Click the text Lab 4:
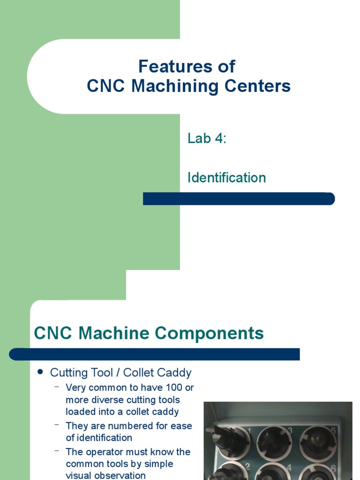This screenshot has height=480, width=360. click(x=207, y=139)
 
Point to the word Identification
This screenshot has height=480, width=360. click(x=226, y=178)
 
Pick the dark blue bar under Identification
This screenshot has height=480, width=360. click(x=239, y=199)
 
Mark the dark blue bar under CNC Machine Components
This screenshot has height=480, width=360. click(x=155, y=354)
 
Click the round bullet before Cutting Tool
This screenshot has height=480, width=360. click(x=40, y=372)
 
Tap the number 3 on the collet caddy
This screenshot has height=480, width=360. click(x=290, y=430)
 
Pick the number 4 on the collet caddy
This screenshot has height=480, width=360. click(x=290, y=467)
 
